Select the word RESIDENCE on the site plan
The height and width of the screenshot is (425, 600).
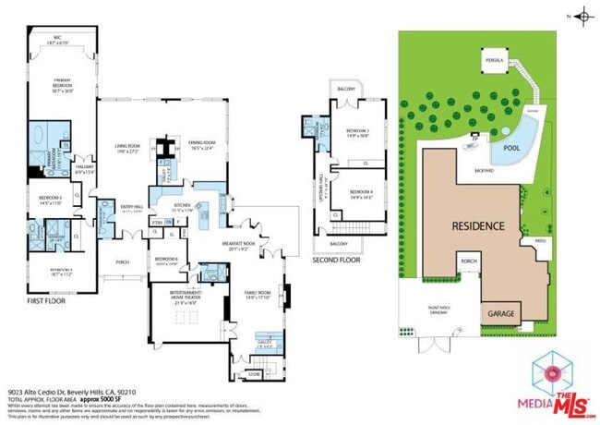tap(477, 225)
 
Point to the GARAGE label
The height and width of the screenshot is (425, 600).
tap(498, 313)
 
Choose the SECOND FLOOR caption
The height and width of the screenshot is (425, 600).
tap(334, 261)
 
